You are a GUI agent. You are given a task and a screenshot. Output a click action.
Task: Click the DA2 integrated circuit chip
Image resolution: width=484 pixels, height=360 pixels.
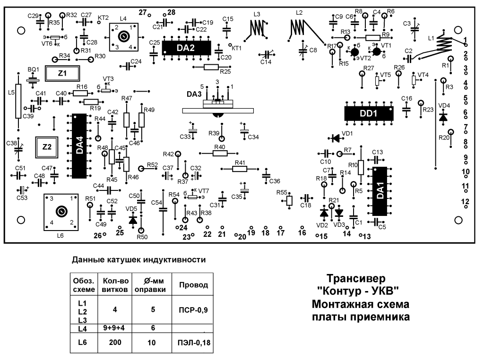tap(187, 48)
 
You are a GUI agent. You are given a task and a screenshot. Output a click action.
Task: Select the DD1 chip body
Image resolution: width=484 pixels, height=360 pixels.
tap(369, 113)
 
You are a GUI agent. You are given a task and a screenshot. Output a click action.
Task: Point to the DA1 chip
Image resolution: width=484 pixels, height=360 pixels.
tap(380, 191)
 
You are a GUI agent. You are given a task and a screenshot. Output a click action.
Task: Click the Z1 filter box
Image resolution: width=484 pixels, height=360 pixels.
tap(62, 73)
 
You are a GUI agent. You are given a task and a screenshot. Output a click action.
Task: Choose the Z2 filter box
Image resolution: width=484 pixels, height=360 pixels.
tap(47, 147)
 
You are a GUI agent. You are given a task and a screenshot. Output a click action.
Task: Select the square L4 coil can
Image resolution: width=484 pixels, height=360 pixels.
tap(123, 37)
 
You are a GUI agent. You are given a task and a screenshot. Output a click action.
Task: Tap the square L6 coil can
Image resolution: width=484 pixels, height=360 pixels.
tap(61, 212)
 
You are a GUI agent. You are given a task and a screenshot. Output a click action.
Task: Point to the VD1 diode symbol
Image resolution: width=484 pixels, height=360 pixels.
tap(335, 138)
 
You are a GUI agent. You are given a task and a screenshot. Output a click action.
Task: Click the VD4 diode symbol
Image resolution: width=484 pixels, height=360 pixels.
tap(443, 117)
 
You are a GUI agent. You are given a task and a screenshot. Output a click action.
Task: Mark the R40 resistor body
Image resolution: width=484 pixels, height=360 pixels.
tap(220, 153)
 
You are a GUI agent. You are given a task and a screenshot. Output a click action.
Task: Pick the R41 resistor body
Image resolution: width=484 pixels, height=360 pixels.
tap(240, 169)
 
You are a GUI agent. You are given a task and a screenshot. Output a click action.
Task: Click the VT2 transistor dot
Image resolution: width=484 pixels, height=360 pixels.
tap(355, 52)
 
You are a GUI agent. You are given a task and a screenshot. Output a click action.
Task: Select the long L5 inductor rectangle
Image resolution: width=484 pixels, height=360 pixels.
tap(18, 101)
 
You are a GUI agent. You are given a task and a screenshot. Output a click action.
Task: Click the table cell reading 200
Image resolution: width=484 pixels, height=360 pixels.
tap(115, 342)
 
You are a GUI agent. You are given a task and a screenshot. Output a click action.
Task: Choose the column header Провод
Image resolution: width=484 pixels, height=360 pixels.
tap(193, 285)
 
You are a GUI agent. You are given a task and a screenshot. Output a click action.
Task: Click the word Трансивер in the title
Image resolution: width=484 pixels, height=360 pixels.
tap(356, 278)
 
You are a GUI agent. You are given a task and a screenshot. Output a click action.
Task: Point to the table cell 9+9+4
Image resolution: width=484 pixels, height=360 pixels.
tap(113, 327)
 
